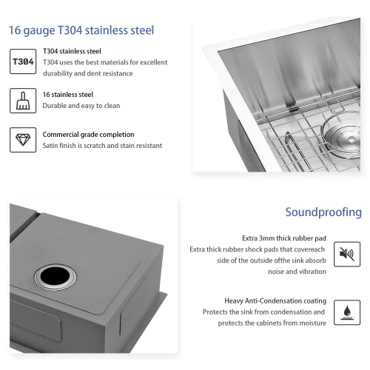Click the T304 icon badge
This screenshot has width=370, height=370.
(x=22, y=61)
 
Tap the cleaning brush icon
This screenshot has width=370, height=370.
(x=22, y=100)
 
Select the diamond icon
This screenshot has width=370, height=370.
(x=22, y=140)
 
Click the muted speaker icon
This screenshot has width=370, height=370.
(x=346, y=254)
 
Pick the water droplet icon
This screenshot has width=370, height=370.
(x=346, y=312)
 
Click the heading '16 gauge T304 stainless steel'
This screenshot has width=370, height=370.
(x=81, y=31)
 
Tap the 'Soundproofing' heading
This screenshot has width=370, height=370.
(x=323, y=213)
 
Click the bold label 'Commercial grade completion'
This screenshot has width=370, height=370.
(x=88, y=135)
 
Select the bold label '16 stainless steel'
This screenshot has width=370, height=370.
(x=68, y=95)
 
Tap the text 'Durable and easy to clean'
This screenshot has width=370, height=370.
(x=81, y=106)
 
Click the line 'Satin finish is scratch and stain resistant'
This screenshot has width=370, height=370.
(x=102, y=146)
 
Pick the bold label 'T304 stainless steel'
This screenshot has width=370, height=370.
(x=72, y=51)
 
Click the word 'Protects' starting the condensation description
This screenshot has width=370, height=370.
(x=217, y=312)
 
